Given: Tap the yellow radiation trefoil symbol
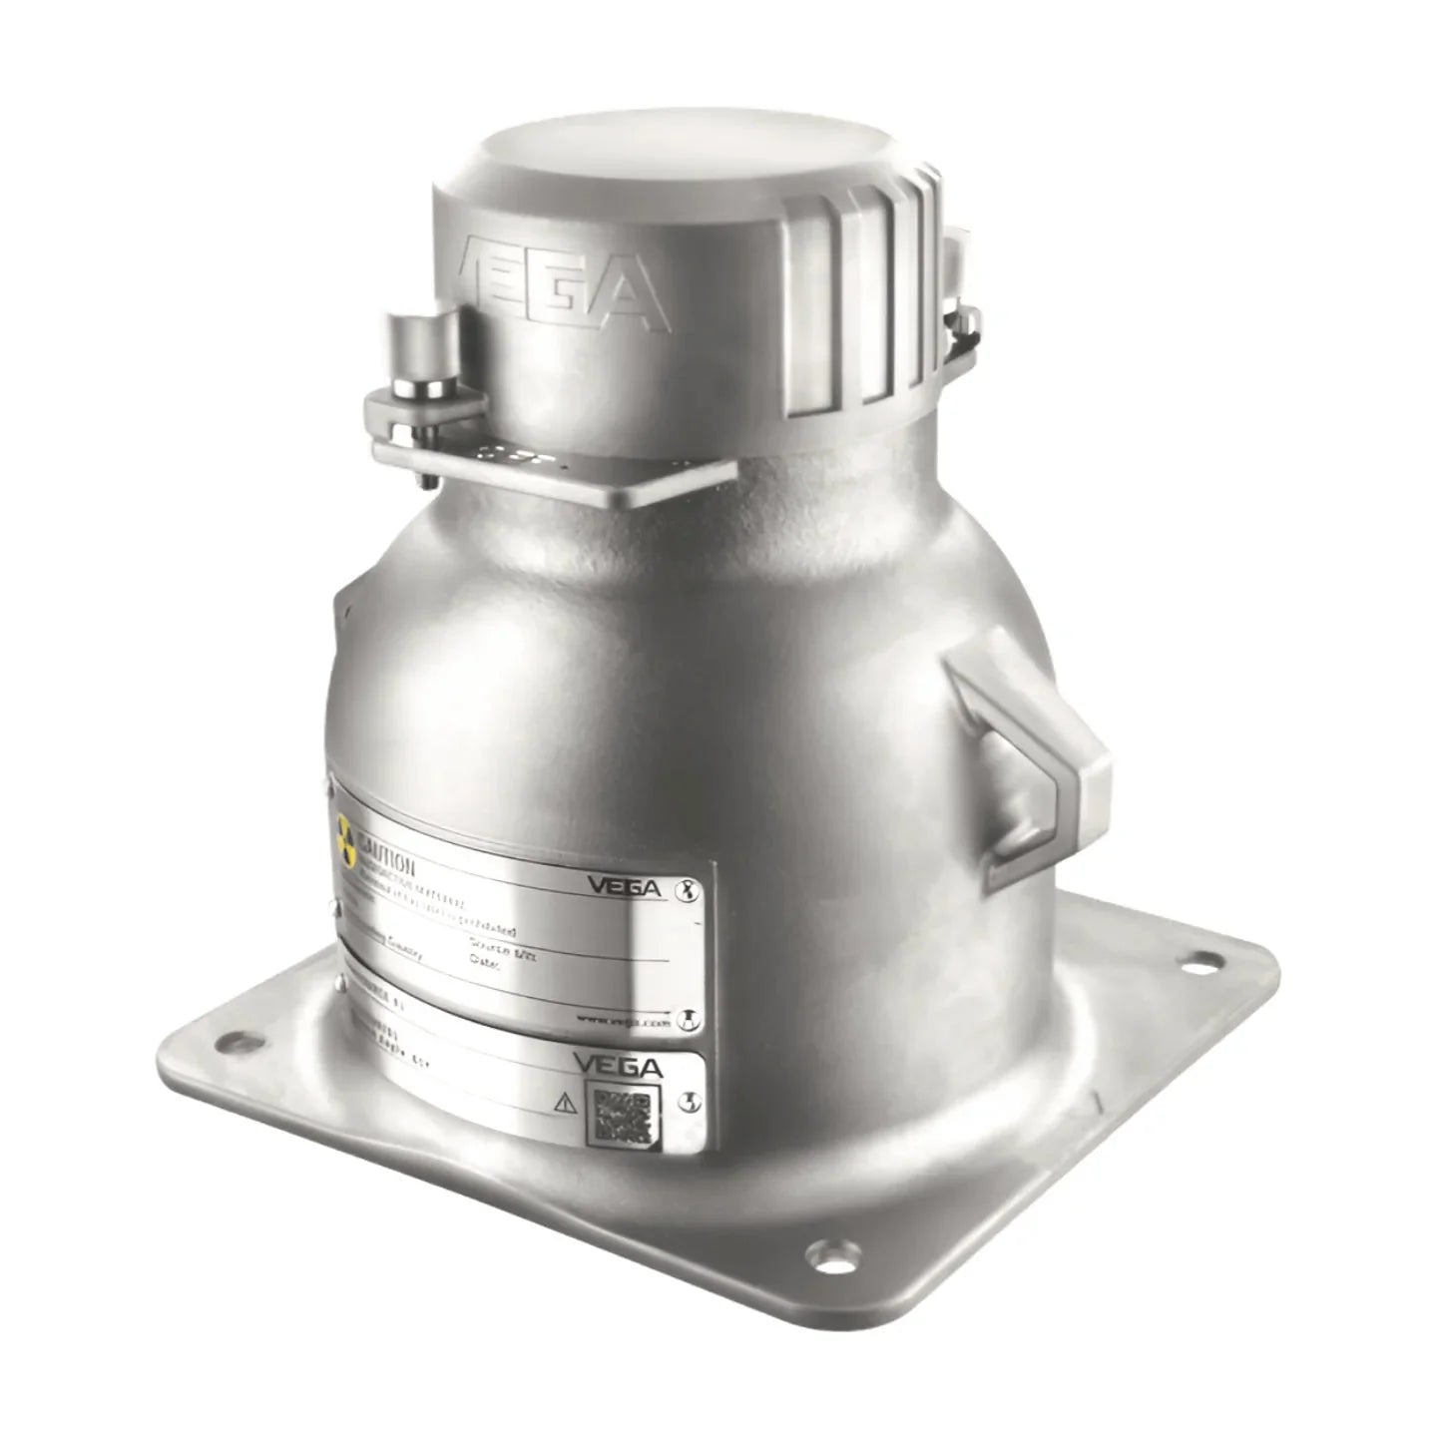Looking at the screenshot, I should click(x=346, y=842).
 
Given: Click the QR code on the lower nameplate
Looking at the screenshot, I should click(x=625, y=1117).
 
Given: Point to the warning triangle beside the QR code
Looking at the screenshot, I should click(x=564, y=1103).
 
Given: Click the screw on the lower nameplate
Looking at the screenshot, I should click(x=687, y=1101).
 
